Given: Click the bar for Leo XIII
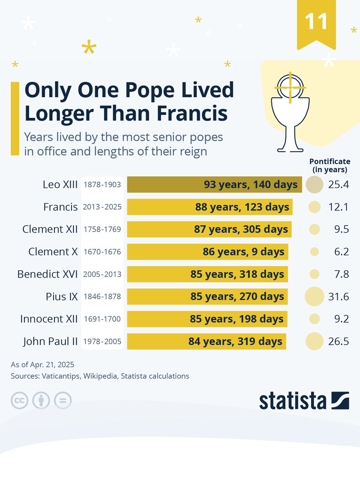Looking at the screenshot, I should (x=214, y=184).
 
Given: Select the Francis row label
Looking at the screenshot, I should (x=60, y=207).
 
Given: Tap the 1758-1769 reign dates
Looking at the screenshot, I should (x=102, y=230).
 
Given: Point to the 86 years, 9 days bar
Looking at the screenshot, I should (x=207, y=252).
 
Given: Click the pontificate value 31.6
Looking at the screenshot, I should (x=338, y=297).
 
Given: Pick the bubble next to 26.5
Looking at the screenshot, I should (x=314, y=342).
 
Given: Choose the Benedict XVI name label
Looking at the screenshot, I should (x=48, y=274).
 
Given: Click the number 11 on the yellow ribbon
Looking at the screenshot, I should (x=316, y=22).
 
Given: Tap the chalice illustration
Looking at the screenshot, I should (x=290, y=114).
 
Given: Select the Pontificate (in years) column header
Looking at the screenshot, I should (x=330, y=165).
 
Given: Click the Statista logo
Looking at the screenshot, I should (x=304, y=401).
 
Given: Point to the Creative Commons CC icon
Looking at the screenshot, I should (x=20, y=400).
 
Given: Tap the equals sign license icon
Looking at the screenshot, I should (x=63, y=400).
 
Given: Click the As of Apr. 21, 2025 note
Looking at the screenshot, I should (x=42, y=365).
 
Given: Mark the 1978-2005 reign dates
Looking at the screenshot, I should (x=102, y=342).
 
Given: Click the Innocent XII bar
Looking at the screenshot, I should (x=207, y=319).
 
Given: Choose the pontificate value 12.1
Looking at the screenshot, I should (x=338, y=207).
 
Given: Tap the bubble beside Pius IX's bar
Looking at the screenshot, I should (x=314, y=297).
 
